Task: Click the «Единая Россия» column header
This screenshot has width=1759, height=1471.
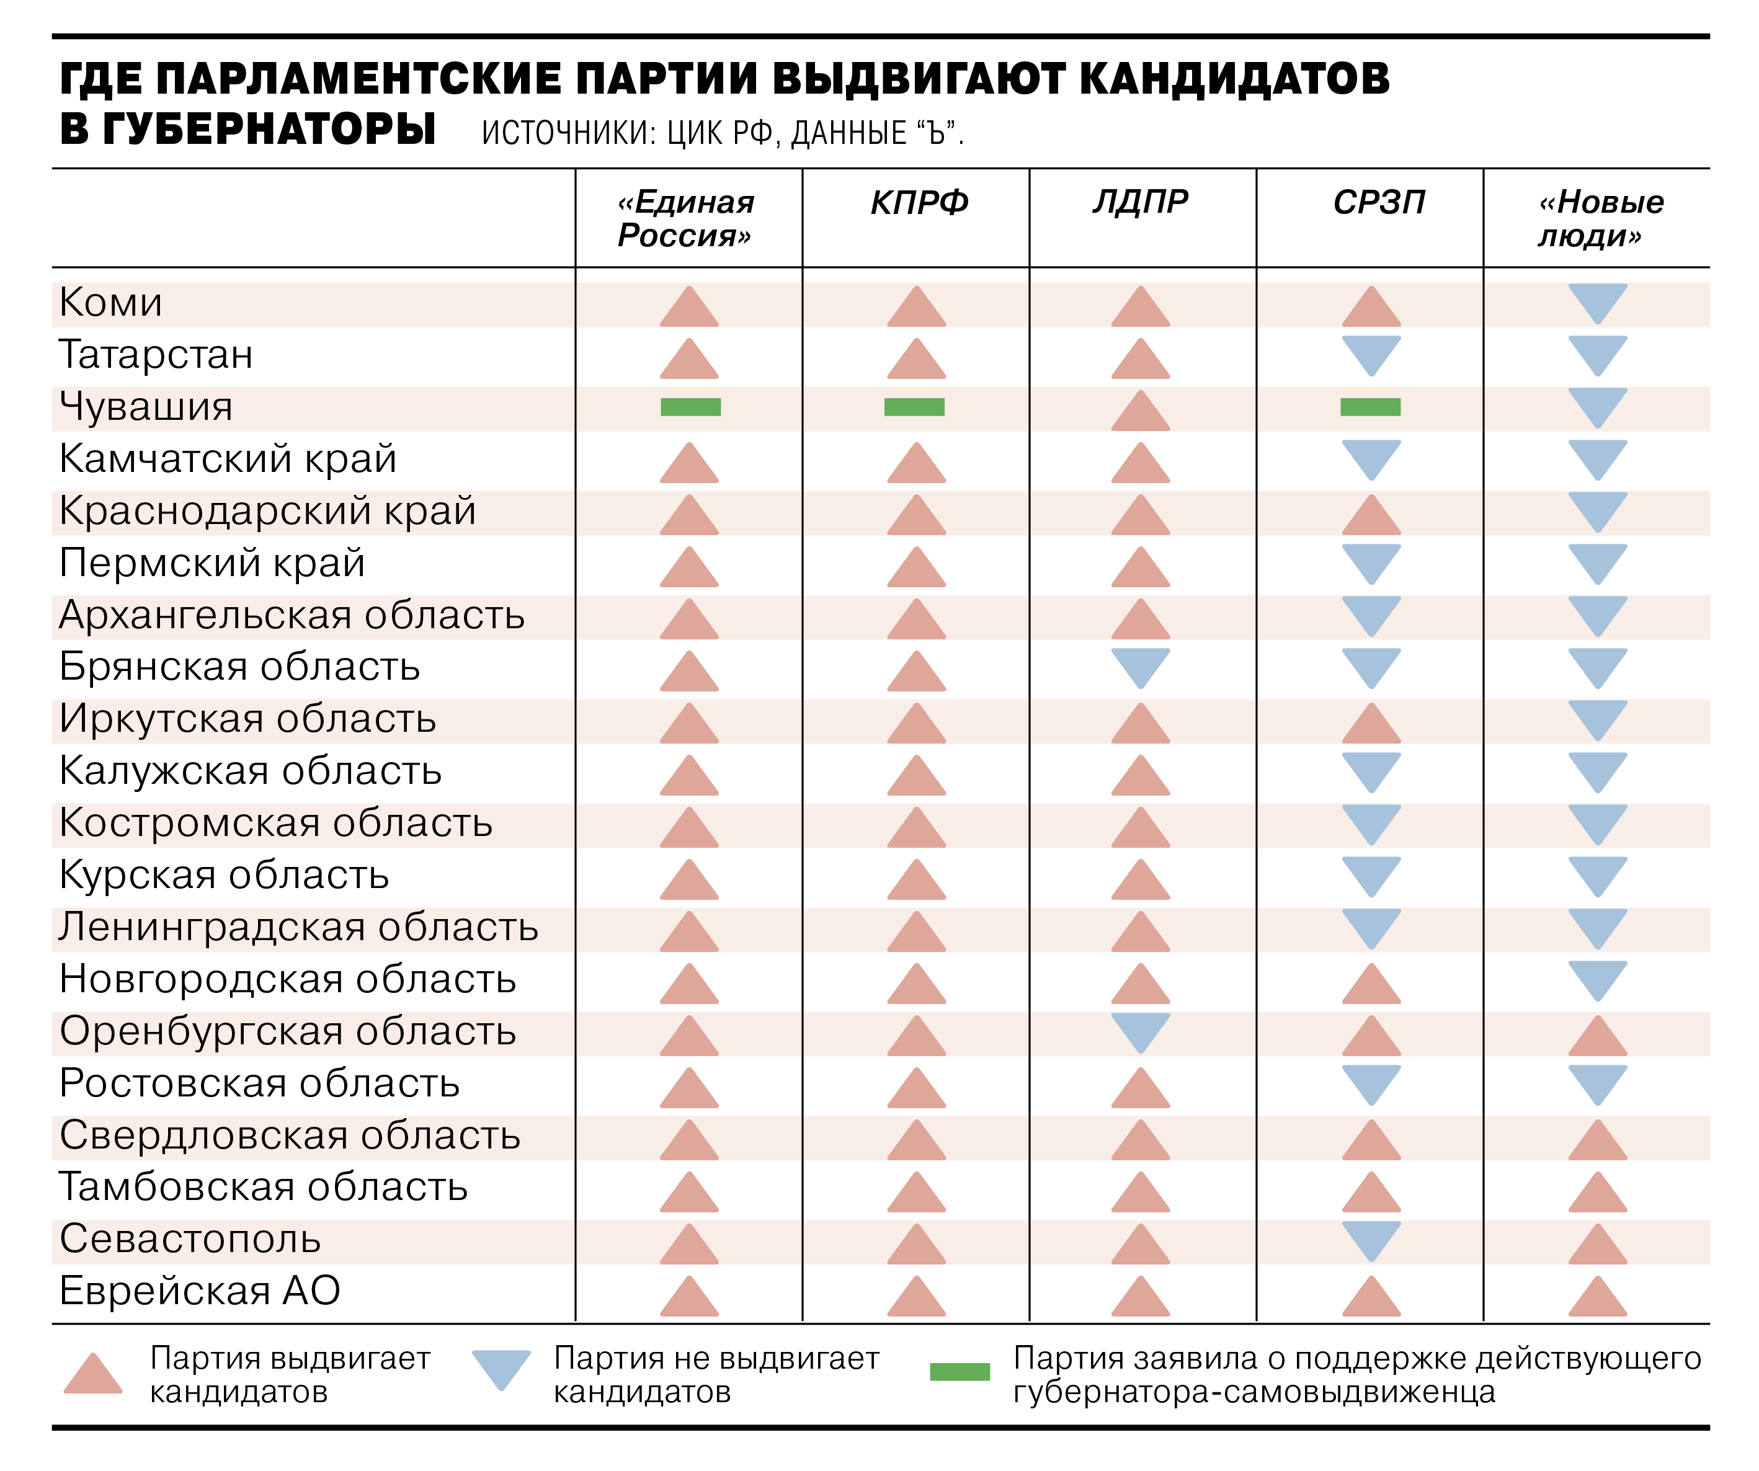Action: click(x=685, y=219)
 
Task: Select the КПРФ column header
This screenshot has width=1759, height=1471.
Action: click(x=919, y=203)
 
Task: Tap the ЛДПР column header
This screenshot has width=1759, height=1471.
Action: click(x=1140, y=202)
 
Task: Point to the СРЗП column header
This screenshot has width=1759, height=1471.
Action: click(x=1379, y=203)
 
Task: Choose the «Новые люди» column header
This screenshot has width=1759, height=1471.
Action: click(x=1600, y=219)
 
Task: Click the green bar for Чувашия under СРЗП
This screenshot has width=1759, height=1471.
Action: click(x=1370, y=407)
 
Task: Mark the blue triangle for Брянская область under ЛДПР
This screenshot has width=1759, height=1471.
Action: click(x=1140, y=667)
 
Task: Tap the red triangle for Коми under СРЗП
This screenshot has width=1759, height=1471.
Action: click(x=1371, y=308)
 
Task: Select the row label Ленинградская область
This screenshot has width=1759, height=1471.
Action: click(x=298, y=927)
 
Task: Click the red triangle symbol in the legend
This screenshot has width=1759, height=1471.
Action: click(x=93, y=1375)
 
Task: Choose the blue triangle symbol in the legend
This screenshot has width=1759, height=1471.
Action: click(x=501, y=1369)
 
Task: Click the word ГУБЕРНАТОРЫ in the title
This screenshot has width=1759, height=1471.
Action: click(x=270, y=130)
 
